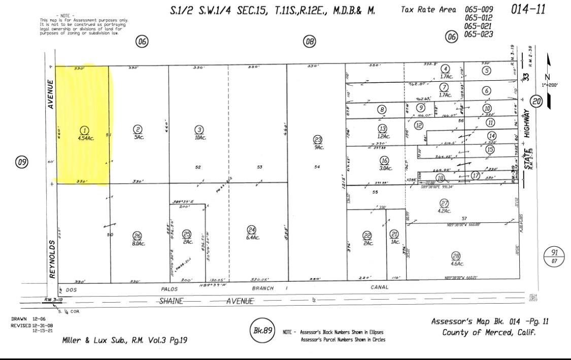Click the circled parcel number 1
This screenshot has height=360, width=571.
tap(85, 130)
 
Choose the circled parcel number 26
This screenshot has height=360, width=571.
tap(137, 235)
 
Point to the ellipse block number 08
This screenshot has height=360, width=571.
tap(309, 42)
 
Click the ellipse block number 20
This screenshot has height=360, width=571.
tap(536, 102)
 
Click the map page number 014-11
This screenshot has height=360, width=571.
tap(530, 10)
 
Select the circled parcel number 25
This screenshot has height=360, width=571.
tap(187, 234)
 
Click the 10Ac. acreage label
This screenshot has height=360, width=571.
tap(199, 137)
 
